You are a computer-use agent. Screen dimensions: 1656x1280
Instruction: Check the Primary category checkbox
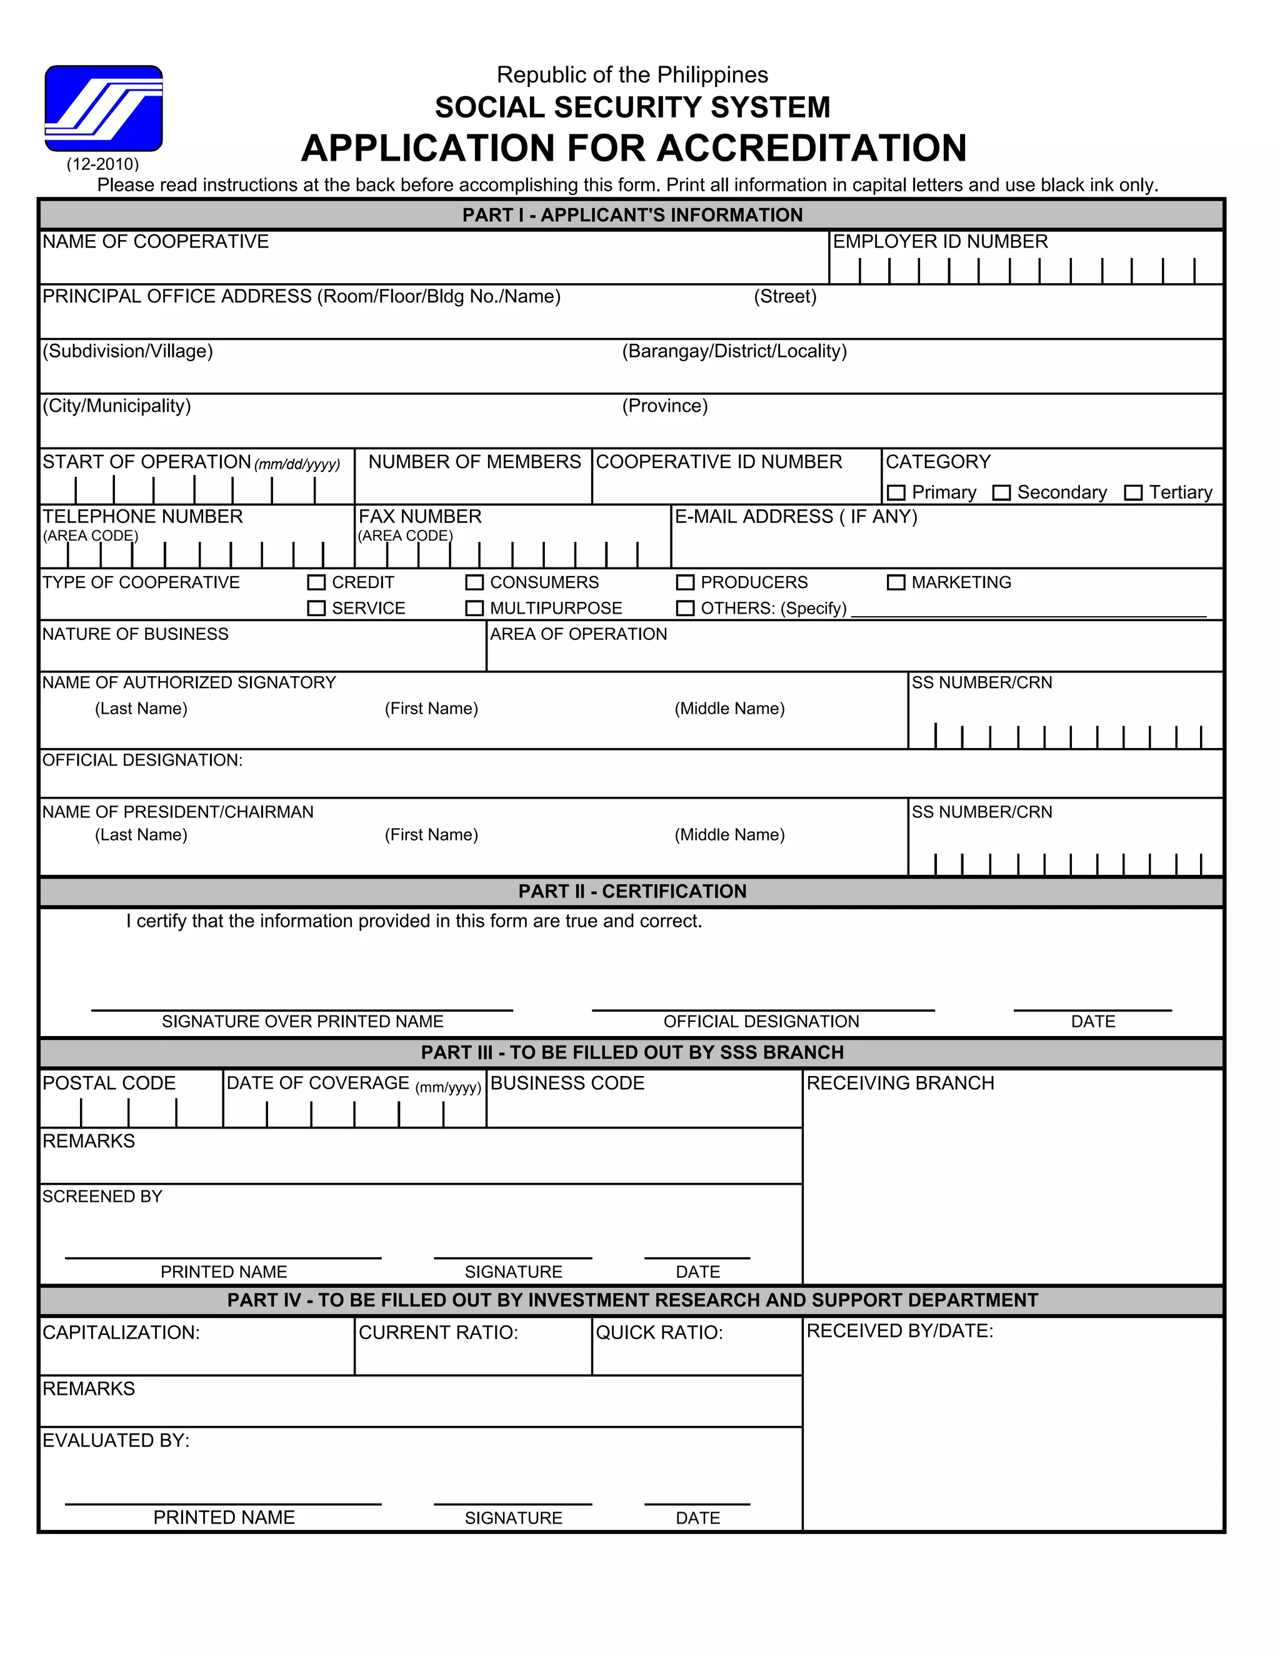[896, 493]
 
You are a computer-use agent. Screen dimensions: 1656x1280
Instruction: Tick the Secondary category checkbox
[1002, 493]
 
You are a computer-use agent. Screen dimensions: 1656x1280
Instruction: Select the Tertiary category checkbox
[1133, 493]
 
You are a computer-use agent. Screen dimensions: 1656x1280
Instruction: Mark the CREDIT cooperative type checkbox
[316, 582]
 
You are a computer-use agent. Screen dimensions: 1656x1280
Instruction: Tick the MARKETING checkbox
[896, 582]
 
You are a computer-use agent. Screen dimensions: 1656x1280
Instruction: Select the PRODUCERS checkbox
[685, 582]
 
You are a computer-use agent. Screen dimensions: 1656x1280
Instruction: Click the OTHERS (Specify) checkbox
[685, 608]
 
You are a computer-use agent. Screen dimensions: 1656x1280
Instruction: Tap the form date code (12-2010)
[102, 164]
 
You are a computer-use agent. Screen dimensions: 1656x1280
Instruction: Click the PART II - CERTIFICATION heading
[632, 891]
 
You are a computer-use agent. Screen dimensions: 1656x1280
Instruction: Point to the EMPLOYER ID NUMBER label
[939, 241]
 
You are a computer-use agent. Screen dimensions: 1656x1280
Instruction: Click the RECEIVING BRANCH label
[900, 1083]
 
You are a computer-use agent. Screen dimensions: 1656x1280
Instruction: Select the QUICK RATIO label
[659, 1332]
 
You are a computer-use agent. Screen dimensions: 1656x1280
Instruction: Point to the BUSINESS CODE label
[567, 1083]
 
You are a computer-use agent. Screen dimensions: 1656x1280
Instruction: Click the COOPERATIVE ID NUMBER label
[719, 462]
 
